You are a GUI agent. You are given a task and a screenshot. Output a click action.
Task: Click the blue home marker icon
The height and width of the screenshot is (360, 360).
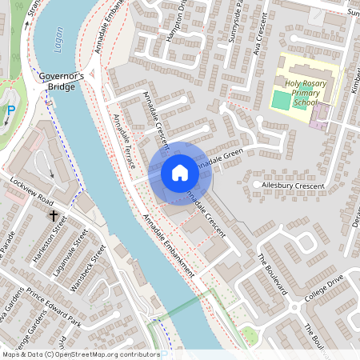click(180, 173)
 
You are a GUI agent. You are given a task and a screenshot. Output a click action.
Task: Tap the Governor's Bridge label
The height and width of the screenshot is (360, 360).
click(62, 81)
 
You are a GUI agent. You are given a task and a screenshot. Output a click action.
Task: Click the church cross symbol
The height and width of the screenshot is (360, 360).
click(54, 215)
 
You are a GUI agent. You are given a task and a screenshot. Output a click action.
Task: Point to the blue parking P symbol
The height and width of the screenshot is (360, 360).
click(10, 113)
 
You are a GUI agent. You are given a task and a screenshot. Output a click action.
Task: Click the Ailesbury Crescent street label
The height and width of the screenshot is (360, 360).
click(294, 186)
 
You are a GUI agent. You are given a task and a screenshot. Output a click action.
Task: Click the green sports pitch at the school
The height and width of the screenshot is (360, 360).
click(280, 101)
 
